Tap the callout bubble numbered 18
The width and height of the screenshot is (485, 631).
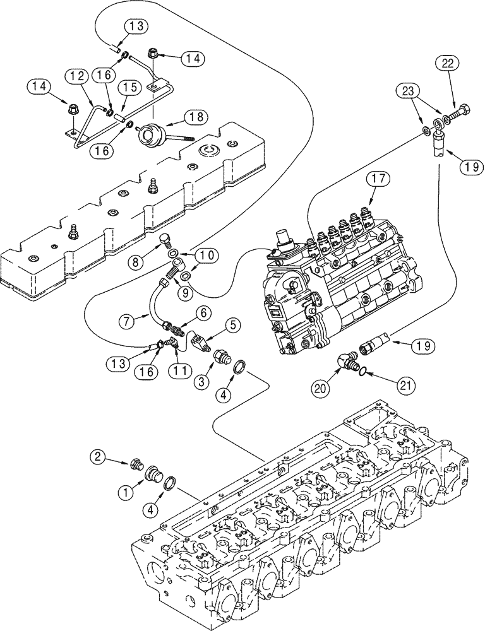coord(195,117)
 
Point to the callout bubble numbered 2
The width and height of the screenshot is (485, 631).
coord(97,456)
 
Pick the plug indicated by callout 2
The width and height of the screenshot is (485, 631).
coord(134,466)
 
